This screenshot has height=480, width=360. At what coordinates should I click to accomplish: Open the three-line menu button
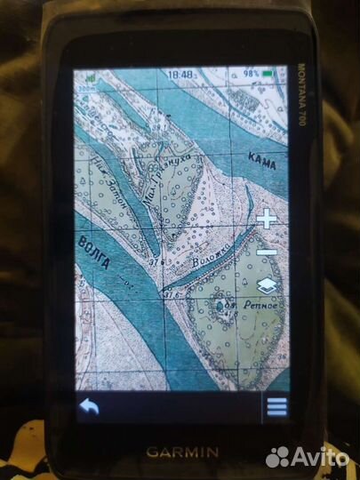coord(276,406)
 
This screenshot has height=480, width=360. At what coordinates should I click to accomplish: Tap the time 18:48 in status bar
coord(181,76)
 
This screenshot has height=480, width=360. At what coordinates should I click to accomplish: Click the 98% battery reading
coord(252,74)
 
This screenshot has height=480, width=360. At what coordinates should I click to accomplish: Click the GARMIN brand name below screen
coord(181,451)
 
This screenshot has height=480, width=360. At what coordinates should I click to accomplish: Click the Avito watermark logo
coord(308,457)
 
